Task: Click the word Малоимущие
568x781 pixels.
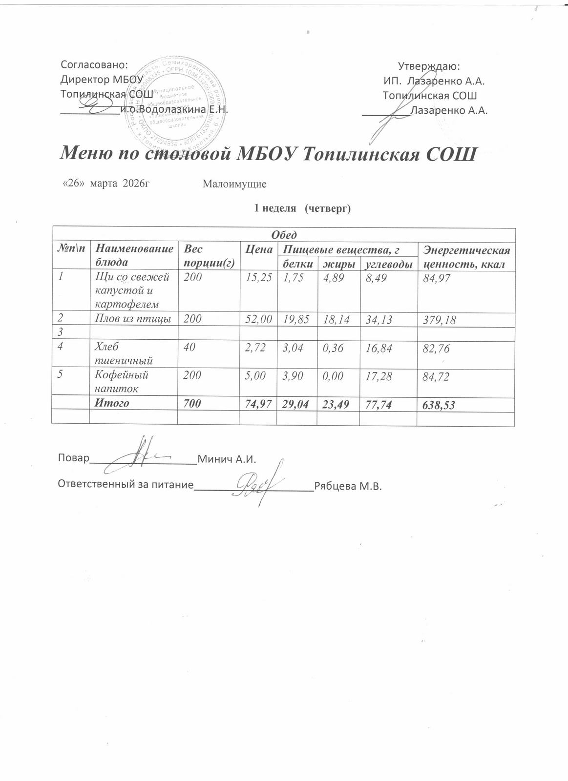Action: pyautogui.click(x=234, y=185)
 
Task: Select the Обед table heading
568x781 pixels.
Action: pyautogui.click(x=284, y=235)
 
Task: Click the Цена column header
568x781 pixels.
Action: pyautogui.click(x=258, y=250)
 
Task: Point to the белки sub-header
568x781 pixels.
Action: pyautogui.click(x=297, y=264)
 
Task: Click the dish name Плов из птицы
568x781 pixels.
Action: pyautogui.click(x=133, y=319)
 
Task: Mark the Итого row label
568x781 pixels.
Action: pyautogui.click(x=112, y=403)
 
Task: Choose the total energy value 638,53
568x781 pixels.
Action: pyautogui.click(x=439, y=405)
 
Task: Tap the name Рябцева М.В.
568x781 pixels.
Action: pyautogui.click(x=347, y=487)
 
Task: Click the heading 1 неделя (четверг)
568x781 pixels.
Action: pyautogui.click(x=302, y=208)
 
